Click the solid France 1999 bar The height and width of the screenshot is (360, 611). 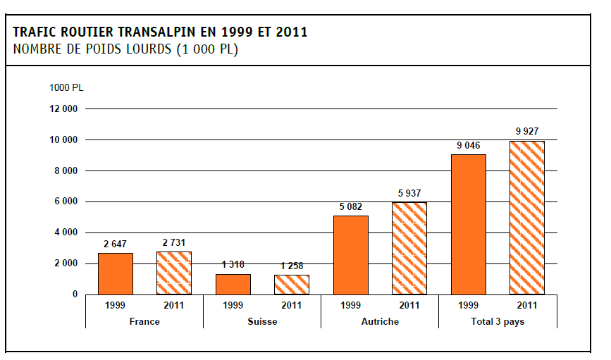coord(115,273)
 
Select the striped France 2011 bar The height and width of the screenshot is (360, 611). coord(174,273)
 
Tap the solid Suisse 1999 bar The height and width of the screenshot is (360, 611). coord(233,284)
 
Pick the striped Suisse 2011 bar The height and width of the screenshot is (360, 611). coord(292,285)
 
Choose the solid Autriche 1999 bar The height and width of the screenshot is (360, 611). coord(351,255)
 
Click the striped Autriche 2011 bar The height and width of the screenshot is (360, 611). coord(409,248)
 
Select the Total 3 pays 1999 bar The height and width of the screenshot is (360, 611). coord(469,224)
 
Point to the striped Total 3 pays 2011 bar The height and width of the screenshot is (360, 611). coord(527,217)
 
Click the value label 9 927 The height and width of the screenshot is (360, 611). coord(527,131)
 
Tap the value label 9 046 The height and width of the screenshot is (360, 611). coord(469,145)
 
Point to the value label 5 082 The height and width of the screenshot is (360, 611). coord(351,206)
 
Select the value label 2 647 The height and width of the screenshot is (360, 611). coord(115,244)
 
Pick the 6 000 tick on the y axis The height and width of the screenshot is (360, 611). coord(66,201)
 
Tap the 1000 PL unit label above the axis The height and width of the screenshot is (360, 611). coord(66,87)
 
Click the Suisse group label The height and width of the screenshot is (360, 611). coord(262,321)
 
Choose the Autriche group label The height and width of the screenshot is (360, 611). coord(380,321)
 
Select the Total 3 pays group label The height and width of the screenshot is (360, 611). coord(498,321)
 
